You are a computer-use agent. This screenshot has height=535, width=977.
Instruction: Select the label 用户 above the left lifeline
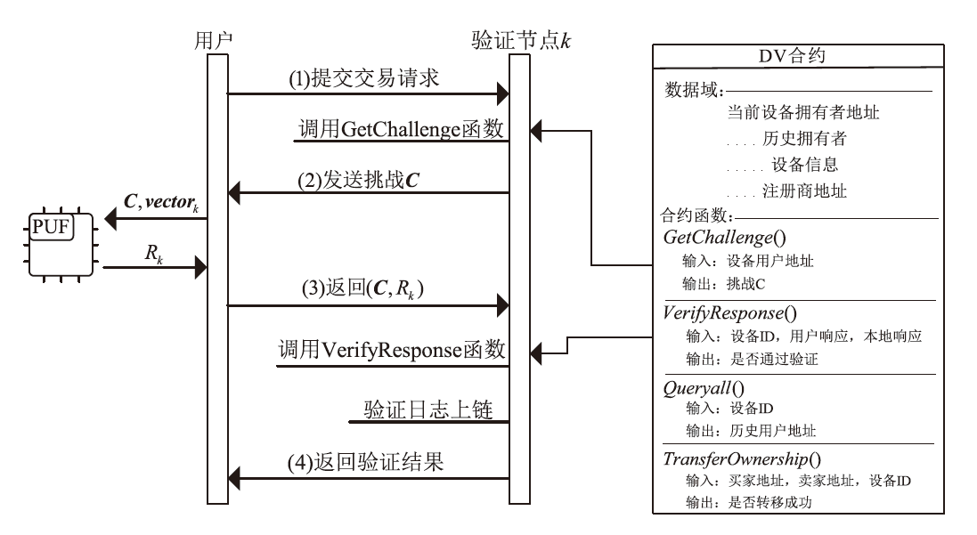tap(214, 40)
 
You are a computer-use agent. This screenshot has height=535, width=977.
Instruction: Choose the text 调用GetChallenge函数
tap(401, 129)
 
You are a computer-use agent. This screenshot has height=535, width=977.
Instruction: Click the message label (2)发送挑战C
tap(358, 178)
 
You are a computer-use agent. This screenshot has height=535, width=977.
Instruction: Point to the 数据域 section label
tap(694, 90)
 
